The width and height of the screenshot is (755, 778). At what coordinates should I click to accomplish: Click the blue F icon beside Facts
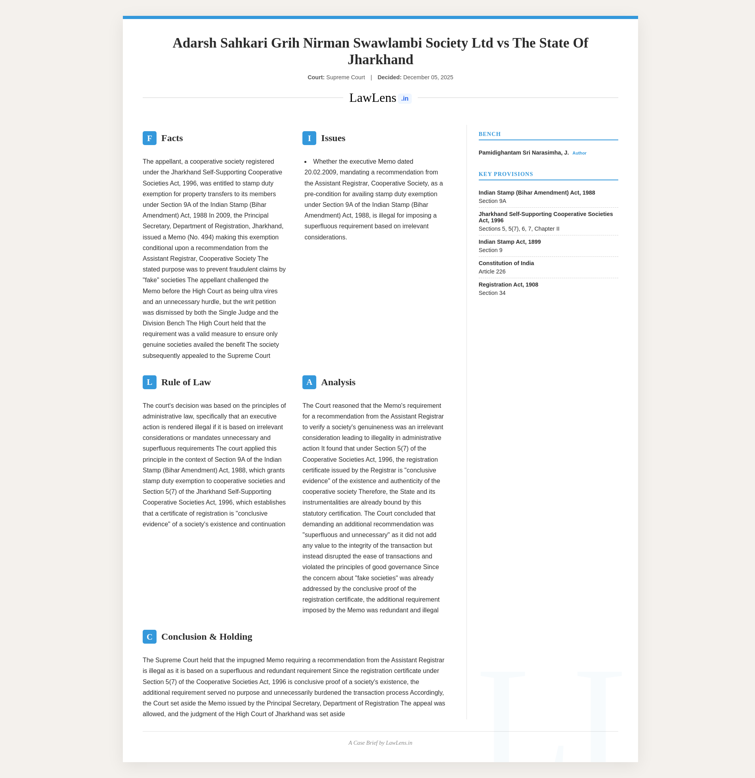click(149, 138)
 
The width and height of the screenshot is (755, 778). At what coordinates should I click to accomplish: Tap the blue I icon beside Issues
click(309, 138)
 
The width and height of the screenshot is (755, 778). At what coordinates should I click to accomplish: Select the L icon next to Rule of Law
click(149, 382)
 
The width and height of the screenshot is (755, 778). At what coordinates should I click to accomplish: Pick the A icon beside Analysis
click(309, 382)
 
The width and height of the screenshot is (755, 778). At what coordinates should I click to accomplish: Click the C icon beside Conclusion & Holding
click(149, 637)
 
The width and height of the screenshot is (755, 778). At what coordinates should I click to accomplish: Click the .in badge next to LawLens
click(405, 98)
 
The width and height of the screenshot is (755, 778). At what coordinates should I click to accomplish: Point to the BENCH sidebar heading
click(489, 134)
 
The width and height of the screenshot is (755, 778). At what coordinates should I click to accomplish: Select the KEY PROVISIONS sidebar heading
click(505, 174)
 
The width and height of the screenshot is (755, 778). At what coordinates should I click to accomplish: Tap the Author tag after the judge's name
click(579, 153)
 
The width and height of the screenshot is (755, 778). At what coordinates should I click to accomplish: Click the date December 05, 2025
click(428, 77)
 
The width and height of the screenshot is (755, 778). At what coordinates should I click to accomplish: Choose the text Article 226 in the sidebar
click(492, 271)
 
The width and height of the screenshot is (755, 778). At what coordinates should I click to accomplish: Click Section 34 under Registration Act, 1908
click(492, 293)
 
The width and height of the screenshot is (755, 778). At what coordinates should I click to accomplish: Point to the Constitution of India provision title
click(506, 263)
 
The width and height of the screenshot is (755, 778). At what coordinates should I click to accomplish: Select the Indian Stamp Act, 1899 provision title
click(509, 242)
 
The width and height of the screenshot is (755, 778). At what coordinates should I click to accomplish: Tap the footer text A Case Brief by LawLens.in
click(380, 743)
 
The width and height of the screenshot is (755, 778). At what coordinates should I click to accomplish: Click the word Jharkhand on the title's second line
click(380, 59)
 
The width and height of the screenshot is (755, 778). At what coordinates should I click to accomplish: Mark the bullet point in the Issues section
click(306, 162)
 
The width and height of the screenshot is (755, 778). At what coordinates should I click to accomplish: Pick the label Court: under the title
click(316, 77)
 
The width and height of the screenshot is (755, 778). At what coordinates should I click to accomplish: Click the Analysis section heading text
click(338, 382)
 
